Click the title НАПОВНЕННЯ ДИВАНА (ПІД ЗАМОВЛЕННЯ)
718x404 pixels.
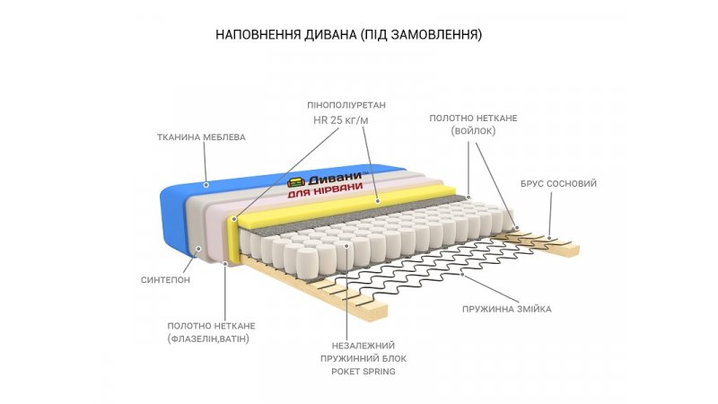(349, 35)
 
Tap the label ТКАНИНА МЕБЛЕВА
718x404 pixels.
(201, 137)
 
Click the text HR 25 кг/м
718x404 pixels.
(339, 120)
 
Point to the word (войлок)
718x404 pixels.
(473, 131)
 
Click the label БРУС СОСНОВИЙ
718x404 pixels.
(558, 183)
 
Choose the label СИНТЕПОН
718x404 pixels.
(166, 279)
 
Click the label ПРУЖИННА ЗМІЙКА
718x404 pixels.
(507, 309)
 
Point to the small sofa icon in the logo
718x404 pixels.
(298, 180)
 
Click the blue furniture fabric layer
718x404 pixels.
(179, 215)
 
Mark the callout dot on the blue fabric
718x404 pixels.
(206, 185)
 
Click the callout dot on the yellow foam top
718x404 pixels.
(379, 201)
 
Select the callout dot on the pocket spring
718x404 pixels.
(346, 243)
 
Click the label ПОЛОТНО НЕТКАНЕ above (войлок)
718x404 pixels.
(473, 118)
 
